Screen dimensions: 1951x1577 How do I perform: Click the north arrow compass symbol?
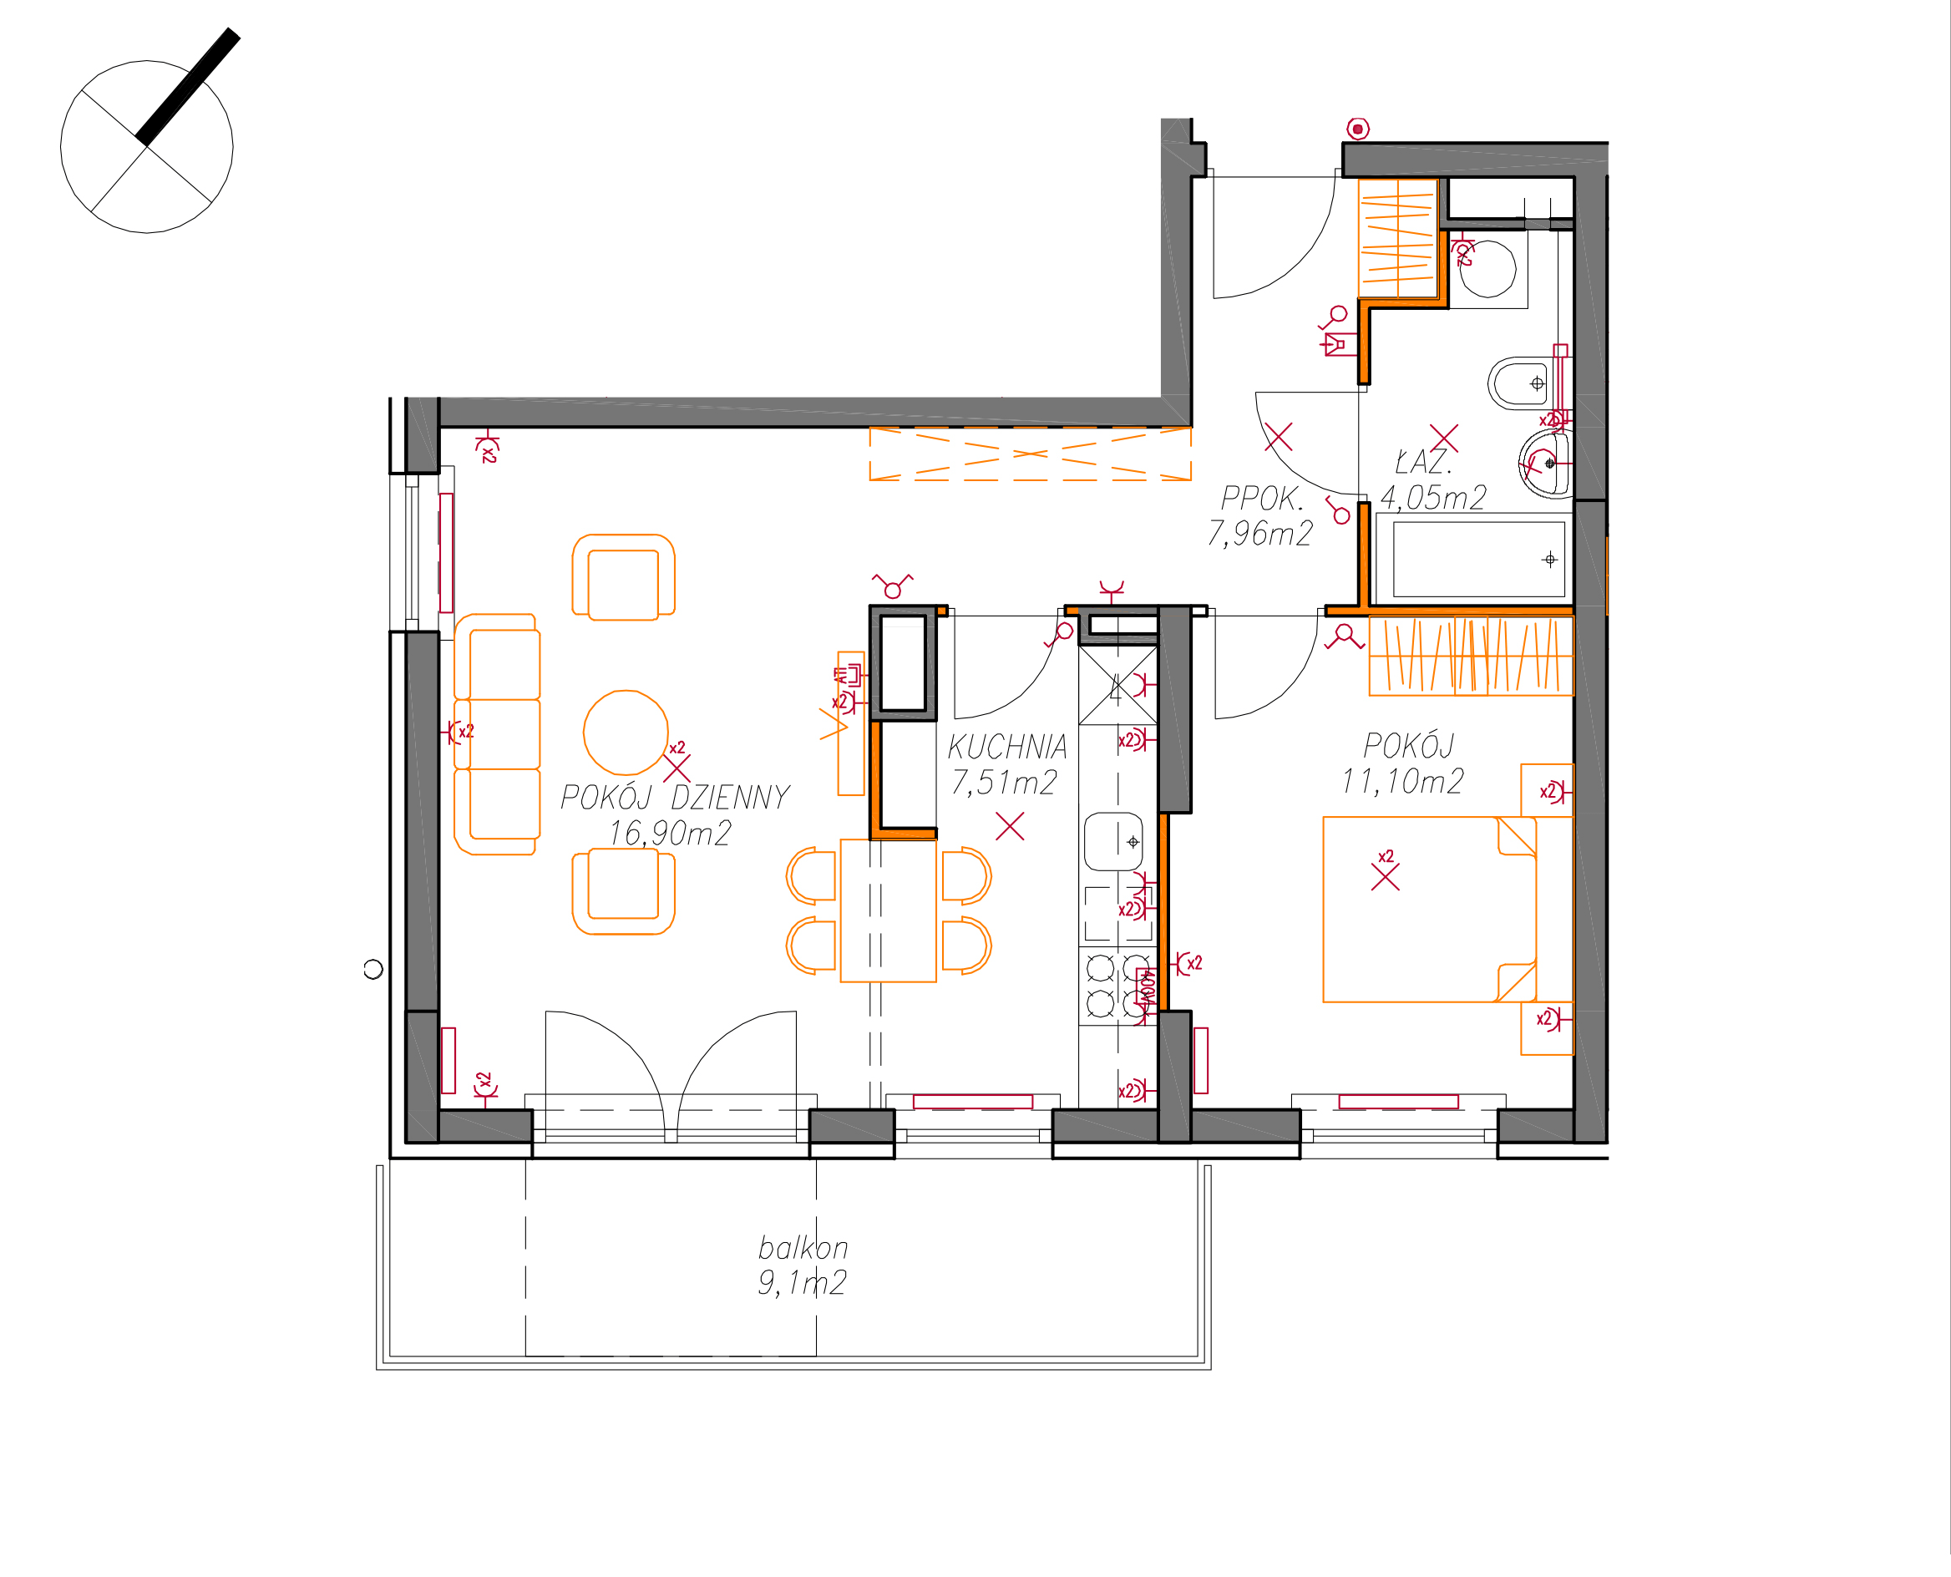point(147,145)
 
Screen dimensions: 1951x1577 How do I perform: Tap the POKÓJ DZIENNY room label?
point(675,798)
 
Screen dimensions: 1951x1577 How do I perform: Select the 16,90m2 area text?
point(670,833)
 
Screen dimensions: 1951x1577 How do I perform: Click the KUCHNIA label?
point(1007,747)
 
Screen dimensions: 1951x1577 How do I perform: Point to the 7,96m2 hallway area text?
point(1259,533)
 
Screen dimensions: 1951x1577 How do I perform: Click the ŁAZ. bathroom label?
point(1423,463)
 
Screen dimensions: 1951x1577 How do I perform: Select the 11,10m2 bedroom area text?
point(1402,781)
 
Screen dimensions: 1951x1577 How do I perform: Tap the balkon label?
point(803,1247)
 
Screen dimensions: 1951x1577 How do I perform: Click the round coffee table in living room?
point(626,733)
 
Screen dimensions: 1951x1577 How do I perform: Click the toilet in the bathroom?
point(1522,383)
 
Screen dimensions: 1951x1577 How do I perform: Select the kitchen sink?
point(1113,842)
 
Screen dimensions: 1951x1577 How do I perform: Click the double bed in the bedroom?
point(1430,910)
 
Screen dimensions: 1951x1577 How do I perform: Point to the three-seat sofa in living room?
point(497,734)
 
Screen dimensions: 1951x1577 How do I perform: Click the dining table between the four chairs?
point(889,910)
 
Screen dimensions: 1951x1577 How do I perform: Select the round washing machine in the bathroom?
point(1487,269)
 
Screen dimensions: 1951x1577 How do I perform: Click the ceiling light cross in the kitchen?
point(1010,826)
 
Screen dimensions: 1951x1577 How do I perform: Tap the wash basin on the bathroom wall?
point(1546,464)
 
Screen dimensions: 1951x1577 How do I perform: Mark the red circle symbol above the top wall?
point(1358,129)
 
